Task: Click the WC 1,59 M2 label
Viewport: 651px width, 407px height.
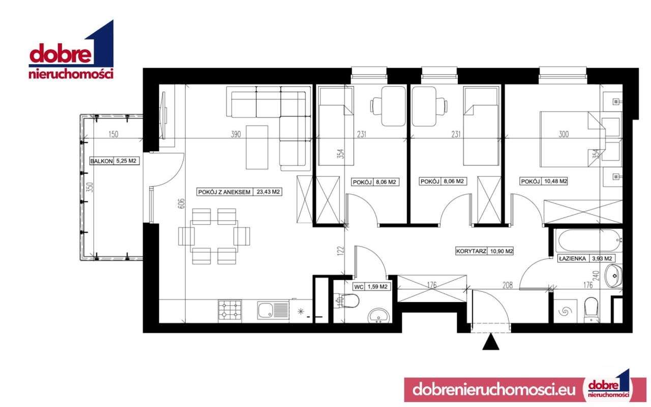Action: pyautogui.click(x=371, y=287)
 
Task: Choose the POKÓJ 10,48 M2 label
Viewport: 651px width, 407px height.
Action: pyautogui.click(x=544, y=181)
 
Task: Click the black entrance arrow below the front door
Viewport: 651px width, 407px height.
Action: pyautogui.click(x=490, y=342)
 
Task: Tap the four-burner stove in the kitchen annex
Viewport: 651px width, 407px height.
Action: pyautogui.click(x=230, y=310)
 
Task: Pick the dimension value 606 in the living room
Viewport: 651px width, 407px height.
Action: pyautogui.click(x=182, y=203)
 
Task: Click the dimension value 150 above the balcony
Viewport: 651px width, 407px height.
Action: pyautogui.click(x=113, y=134)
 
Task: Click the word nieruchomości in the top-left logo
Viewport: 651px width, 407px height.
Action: pyautogui.click(x=71, y=74)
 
